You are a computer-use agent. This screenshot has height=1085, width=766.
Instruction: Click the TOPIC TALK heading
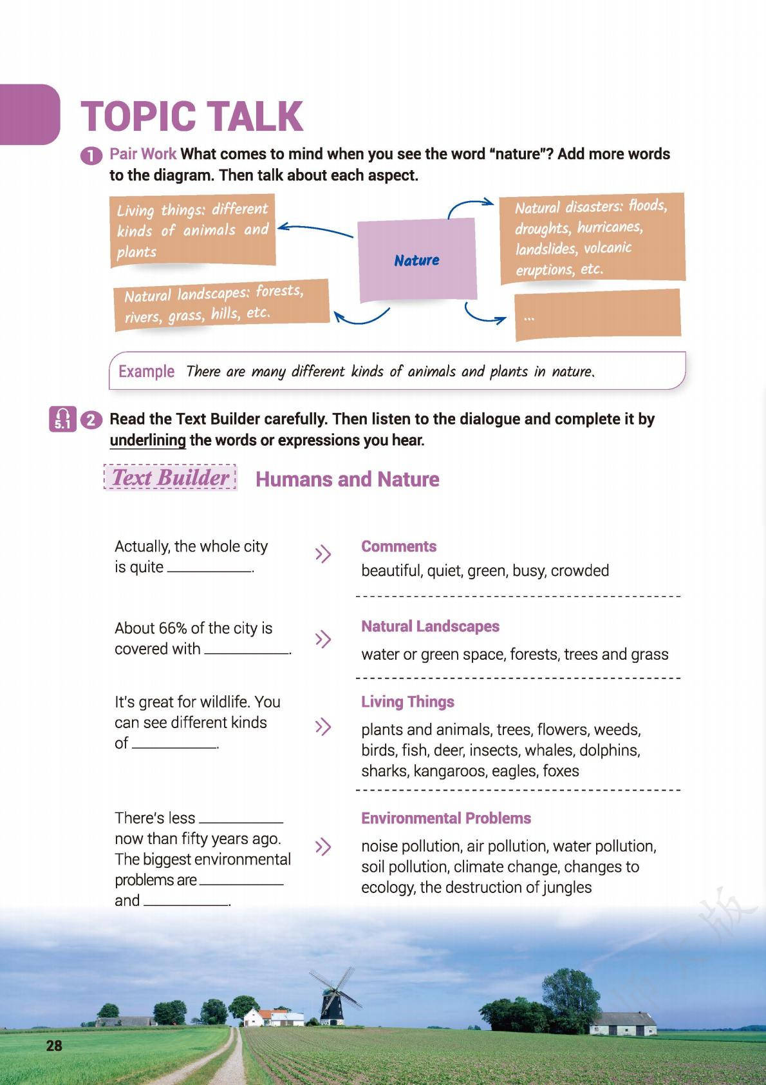click(191, 117)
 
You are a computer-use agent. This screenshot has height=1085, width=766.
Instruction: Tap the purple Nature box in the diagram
click(417, 260)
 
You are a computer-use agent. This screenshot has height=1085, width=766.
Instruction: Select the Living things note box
click(192, 230)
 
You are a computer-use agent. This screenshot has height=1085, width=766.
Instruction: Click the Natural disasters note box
click(592, 238)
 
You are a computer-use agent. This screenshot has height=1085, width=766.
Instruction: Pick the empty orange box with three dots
click(597, 314)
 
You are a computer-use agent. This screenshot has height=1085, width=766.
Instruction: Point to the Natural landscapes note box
click(221, 304)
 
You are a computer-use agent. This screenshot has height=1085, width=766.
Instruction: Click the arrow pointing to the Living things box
click(315, 230)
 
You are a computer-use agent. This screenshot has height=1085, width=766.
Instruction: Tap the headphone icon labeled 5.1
click(62, 419)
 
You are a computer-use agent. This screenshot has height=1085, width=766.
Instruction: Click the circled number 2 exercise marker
click(91, 420)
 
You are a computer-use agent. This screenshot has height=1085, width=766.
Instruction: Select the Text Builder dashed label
click(170, 477)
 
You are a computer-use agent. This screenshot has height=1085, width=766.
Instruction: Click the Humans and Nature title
click(347, 479)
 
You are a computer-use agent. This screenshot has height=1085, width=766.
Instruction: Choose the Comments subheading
click(398, 546)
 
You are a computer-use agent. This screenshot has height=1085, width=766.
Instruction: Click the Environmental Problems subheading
click(445, 818)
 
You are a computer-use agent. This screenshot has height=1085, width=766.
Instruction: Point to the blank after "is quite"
click(209, 568)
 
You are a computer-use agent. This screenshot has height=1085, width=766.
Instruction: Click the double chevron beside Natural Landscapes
click(322, 639)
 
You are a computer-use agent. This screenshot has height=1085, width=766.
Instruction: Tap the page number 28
click(54, 1045)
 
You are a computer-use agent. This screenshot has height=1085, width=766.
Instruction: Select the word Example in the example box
click(146, 372)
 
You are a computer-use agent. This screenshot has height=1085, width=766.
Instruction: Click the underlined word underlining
click(147, 441)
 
